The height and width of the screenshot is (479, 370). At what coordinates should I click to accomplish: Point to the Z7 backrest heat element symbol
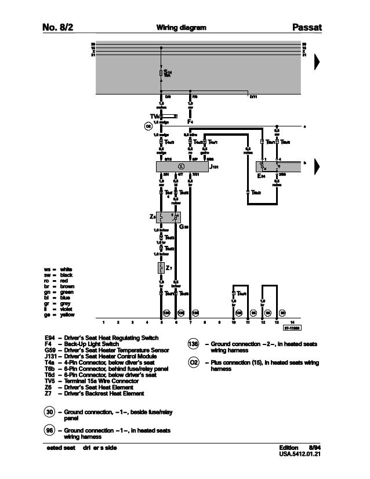pyautogui.click(x=161, y=268)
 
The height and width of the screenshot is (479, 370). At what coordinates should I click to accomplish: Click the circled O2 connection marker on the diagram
pyautogui.click(x=148, y=125)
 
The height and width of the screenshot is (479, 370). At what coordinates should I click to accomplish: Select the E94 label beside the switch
pyautogui.click(x=262, y=176)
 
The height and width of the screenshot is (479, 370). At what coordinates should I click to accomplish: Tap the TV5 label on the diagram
pyautogui.click(x=154, y=115)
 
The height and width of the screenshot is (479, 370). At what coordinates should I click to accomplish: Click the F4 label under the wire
pyautogui.click(x=190, y=122)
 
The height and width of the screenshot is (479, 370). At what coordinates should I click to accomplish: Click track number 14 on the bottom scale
pyautogui.click(x=293, y=322)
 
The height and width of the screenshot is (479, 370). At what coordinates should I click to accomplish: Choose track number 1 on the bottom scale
pyautogui.click(x=103, y=322)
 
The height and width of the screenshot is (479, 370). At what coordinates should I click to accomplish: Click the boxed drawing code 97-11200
pyautogui.click(x=292, y=328)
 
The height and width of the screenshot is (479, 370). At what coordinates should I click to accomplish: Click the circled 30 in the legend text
pyautogui.click(x=51, y=412)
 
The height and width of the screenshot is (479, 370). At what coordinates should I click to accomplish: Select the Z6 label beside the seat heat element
pyautogui.click(x=152, y=216)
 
